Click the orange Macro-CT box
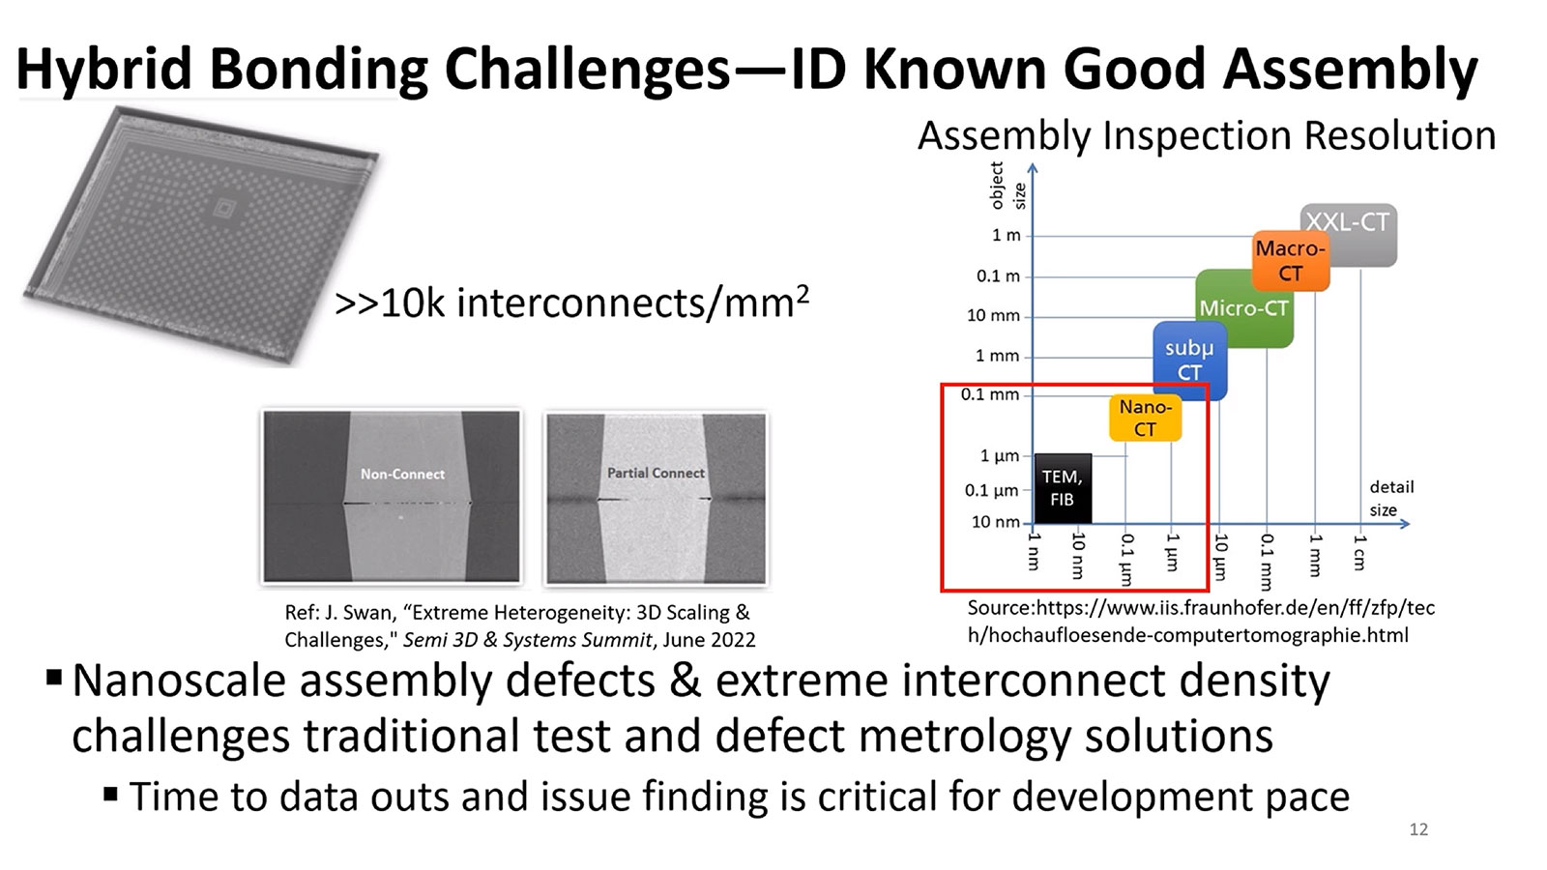pos(1290,261)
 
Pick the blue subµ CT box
pos(1189,360)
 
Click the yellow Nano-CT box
pos(1145,418)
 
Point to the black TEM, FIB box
pos(1062,488)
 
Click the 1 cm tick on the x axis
pos(1359,552)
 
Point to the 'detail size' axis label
pos(1390,498)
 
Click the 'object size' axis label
pos(1007,186)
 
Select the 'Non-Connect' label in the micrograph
pos(402,474)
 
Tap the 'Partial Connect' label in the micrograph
pos(656,473)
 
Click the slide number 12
pos(1418,829)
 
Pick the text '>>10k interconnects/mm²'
pos(570,304)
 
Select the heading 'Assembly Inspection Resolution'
pos(1206,135)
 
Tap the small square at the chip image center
pos(223,207)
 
